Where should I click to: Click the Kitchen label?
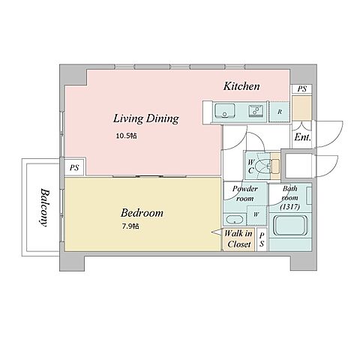[x=241, y=86]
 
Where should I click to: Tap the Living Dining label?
[x=146, y=118]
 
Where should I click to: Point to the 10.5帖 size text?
[x=126, y=136]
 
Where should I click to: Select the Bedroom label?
[x=142, y=213]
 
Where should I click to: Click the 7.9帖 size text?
[x=130, y=226]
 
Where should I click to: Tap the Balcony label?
[x=44, y=207]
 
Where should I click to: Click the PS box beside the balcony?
[x=74, y=167]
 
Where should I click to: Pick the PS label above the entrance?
[x=302, y=88]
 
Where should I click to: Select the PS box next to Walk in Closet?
[x=262, y=239]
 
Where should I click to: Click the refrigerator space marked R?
[x=280, y=112]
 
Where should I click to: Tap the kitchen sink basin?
[x=225, y=111]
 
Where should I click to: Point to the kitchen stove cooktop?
[x=256, y=110]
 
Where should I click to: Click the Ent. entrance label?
[x=302, y=137]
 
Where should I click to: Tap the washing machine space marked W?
[x=256, y=214]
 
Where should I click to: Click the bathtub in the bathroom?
[x=289, y=226]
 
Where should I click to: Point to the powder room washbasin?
[x=234, y=220]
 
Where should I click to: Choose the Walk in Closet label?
[x=238, y=238]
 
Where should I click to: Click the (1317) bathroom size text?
[x=290, y=207]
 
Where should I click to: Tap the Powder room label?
[x=245, y=193]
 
